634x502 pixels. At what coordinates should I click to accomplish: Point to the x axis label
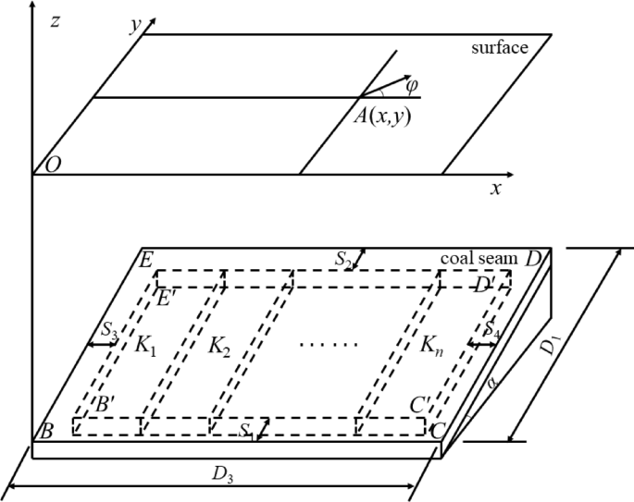pyautogui.click(x=496, y=188)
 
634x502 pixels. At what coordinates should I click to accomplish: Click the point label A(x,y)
pyautogui.click(x=385, y=115)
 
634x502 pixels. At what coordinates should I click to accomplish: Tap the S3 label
pyautogui.click(x=108, y=332)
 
